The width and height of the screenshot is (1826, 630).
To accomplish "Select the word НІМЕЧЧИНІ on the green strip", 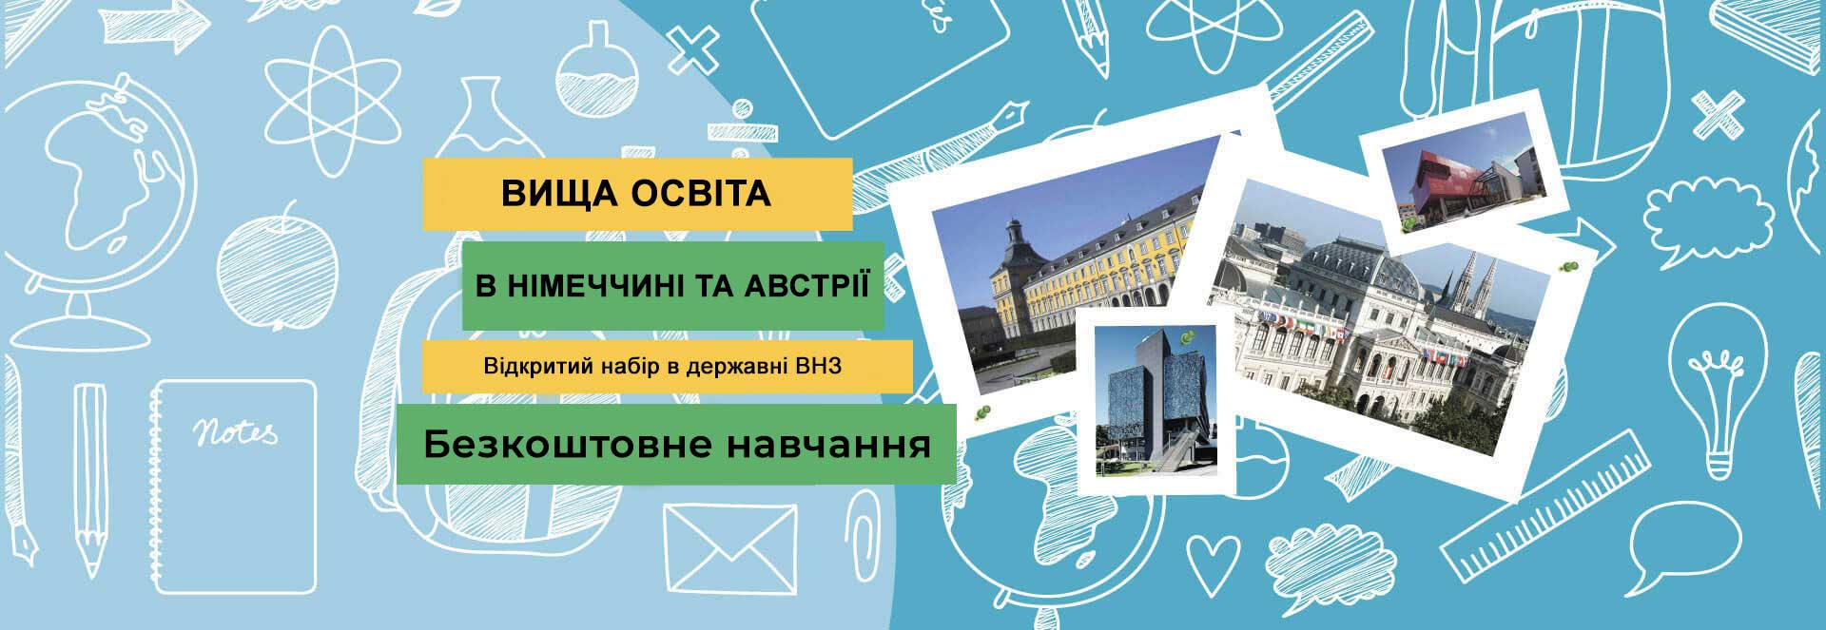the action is point(597,285).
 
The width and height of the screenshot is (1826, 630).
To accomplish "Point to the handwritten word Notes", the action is point(236,432).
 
